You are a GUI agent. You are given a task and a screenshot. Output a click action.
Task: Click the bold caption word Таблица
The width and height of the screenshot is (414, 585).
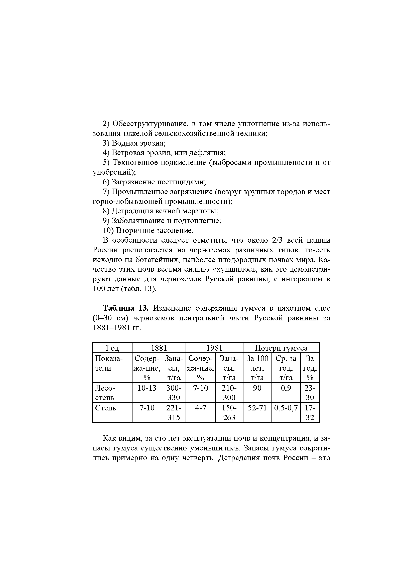118,308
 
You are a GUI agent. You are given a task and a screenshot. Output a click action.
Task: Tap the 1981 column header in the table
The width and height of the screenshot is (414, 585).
214,348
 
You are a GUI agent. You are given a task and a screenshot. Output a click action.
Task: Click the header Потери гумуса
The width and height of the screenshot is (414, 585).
281,348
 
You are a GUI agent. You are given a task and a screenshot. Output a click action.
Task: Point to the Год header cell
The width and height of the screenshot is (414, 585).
112,348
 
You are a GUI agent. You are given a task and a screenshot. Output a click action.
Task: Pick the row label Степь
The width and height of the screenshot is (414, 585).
106,408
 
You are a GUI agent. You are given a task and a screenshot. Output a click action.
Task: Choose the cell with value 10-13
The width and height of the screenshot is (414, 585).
147,388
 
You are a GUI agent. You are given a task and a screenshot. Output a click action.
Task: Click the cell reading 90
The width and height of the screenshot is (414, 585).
257,388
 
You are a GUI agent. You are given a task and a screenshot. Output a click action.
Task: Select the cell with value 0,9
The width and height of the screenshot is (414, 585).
286,388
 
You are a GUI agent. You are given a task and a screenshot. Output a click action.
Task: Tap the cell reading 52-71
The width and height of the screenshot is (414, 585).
257,408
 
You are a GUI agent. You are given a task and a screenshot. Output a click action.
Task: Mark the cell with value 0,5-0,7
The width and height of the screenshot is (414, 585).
286,408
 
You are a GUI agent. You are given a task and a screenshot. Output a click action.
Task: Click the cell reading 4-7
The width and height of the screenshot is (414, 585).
201,408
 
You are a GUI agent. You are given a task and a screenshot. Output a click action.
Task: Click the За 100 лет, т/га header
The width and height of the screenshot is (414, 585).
257,368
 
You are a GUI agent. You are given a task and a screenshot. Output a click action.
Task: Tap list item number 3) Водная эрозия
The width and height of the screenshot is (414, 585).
134,143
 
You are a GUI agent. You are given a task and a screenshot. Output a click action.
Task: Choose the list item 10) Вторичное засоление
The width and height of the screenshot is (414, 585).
148,231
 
